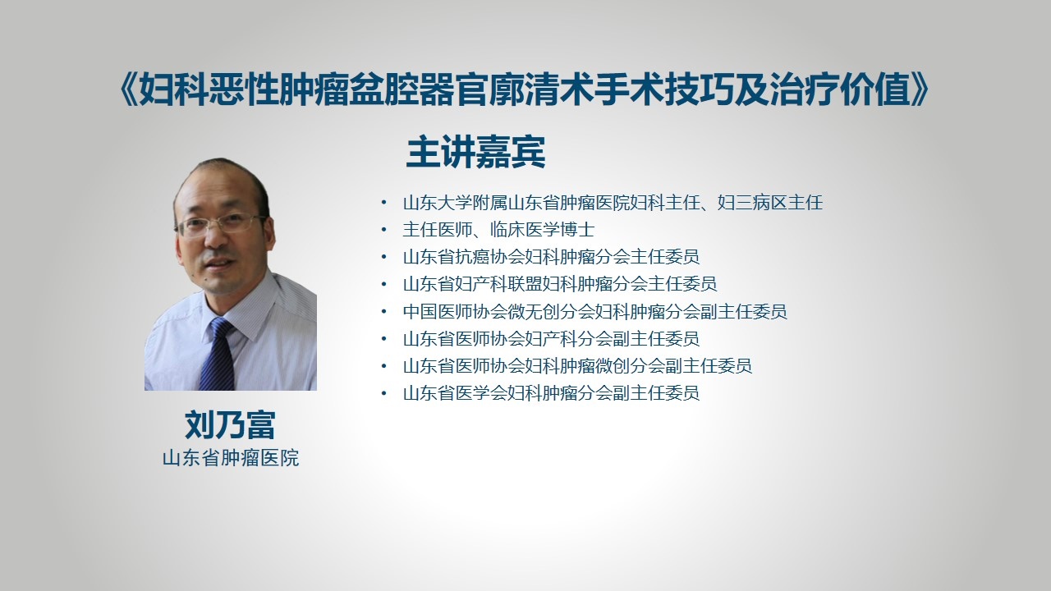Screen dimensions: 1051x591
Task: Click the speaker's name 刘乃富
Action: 230,425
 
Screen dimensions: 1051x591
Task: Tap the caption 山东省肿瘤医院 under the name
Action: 231,458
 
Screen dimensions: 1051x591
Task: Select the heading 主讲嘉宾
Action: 475,152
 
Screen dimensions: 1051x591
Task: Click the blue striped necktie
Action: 218,353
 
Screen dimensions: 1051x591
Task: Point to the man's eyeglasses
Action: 221,224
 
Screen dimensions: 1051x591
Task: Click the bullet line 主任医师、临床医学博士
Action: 498,230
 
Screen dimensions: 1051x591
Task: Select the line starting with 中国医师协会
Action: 595,311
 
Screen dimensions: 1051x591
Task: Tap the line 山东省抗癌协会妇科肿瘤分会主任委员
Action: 551,257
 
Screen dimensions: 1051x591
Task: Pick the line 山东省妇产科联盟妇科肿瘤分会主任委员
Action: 560,284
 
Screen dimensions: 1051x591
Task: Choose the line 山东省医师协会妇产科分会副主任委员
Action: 551,339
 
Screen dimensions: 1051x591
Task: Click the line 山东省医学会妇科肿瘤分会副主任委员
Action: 551,393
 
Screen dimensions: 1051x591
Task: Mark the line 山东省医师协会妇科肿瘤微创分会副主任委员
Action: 577,366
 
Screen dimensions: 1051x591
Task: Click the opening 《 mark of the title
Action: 128,89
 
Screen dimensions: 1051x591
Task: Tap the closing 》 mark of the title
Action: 920,89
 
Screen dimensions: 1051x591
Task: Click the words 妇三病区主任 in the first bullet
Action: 770,203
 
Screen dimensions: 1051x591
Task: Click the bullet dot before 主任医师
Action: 384,230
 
